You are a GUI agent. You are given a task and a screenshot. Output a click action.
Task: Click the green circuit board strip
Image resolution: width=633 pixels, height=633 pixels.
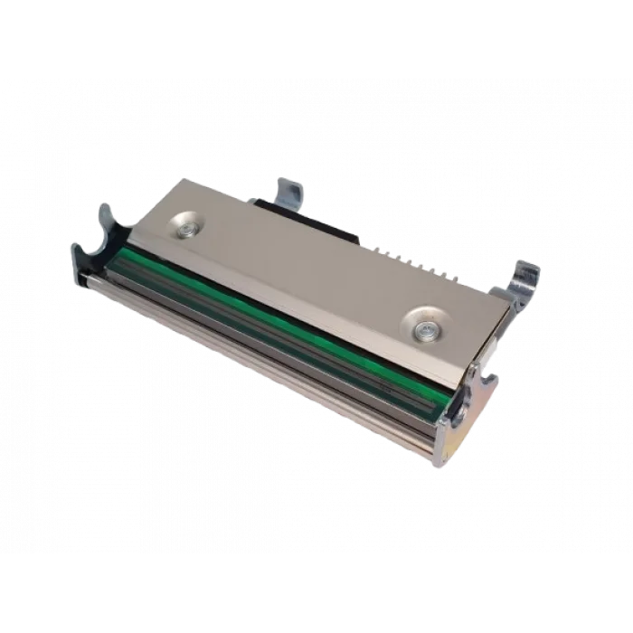click(x=271, y=307)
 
